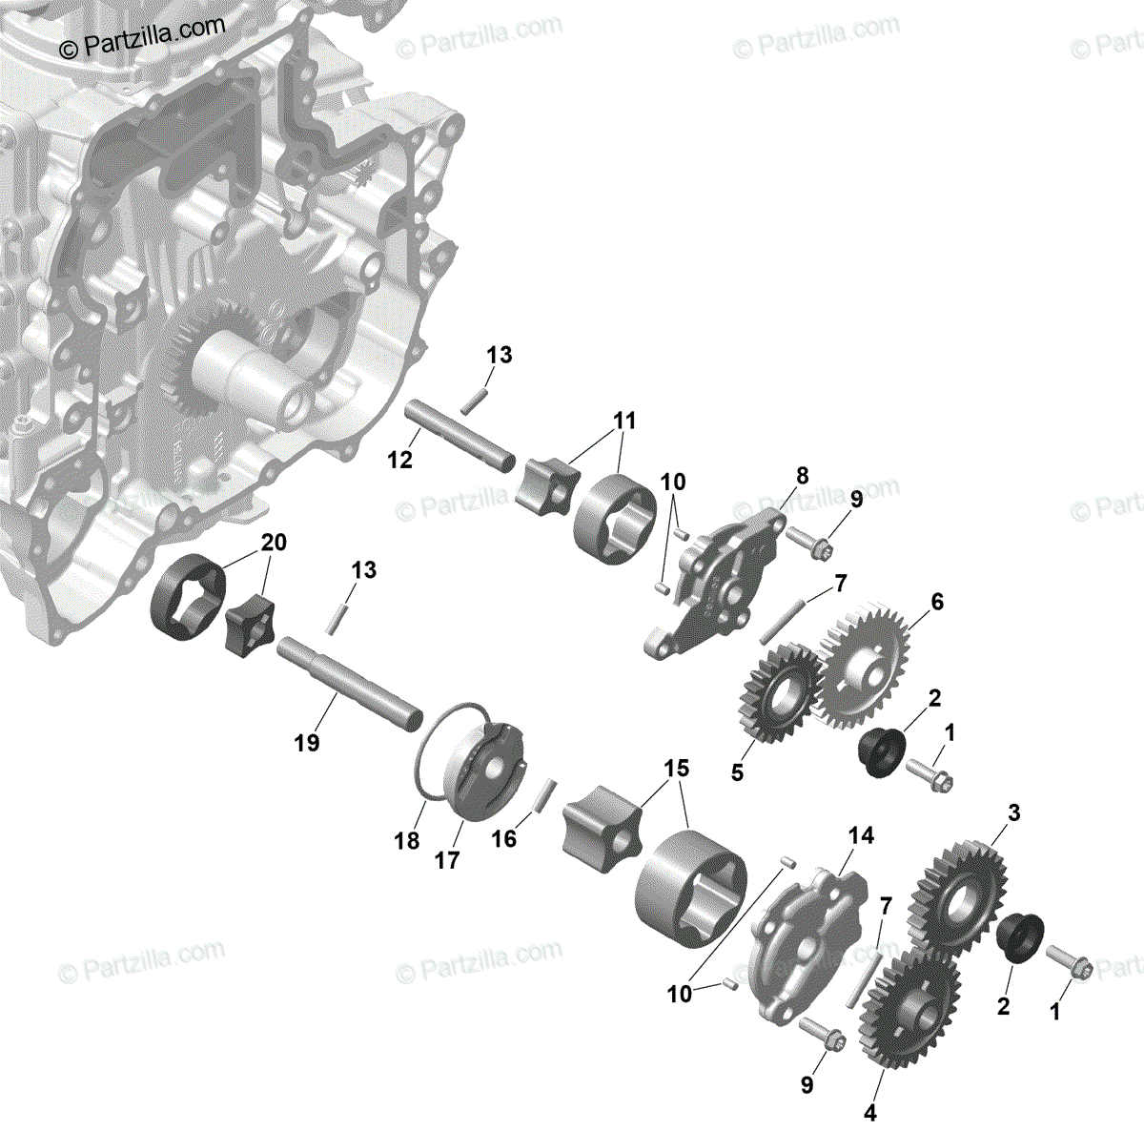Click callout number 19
[307, 742]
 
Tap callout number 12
[400, 460]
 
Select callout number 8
[802, 476]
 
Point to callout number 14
[861, 836]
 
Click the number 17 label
[447, 859]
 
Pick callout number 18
[407, 840]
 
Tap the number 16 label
[503, 838]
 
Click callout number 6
[937, 602]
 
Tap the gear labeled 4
[910, 1011]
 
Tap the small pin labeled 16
[546, 795]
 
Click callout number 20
[273, 544]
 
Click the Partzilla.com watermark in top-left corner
[142, 37]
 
